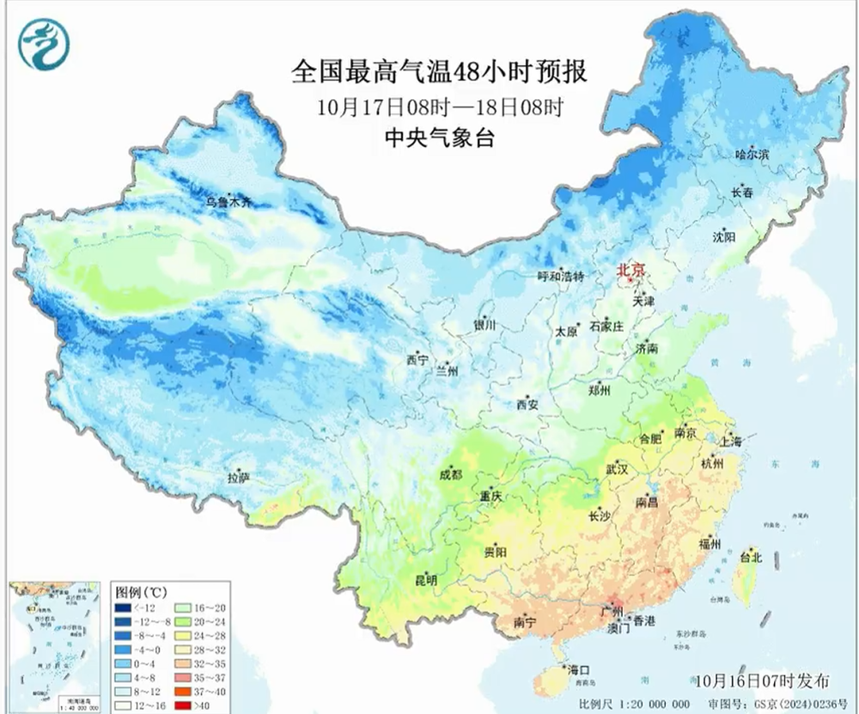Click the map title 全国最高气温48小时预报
[x=439, y=70]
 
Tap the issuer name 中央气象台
[x=439, y=137]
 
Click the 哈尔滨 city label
[x=752, y=155]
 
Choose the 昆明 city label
[x=426, y=581]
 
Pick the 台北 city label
[x=750, y=557]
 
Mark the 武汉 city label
[x=616, y=469]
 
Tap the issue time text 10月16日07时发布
[x=764, y=680]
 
